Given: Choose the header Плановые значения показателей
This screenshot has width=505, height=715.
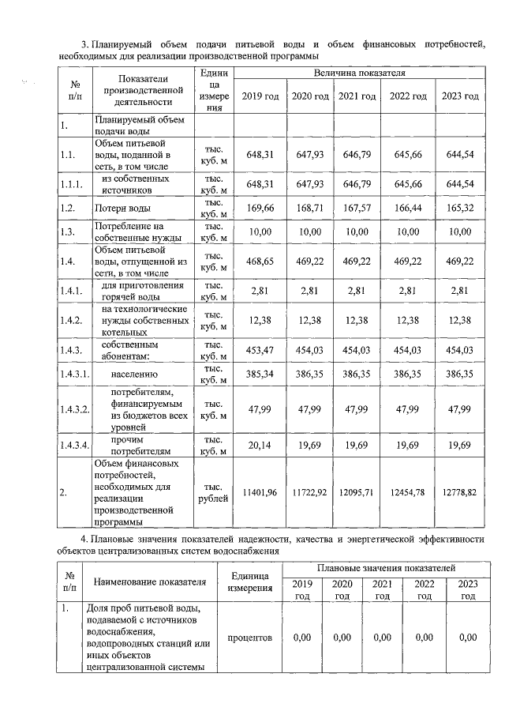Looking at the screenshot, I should coord(386,568).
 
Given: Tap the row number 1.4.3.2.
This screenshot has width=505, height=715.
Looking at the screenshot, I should coord(73,408).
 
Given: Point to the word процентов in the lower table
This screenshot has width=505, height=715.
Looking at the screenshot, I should coord(249,637).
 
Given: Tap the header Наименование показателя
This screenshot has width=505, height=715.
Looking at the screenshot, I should coord(150,582).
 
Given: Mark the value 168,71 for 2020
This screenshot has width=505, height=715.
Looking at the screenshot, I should coord(309,209).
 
